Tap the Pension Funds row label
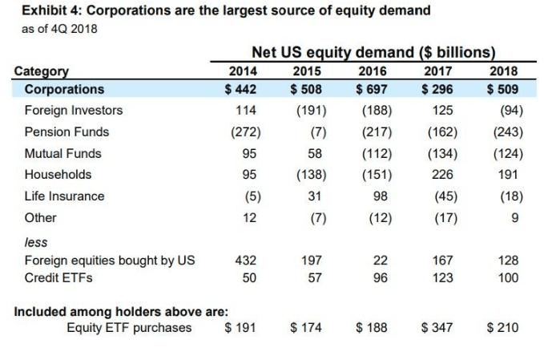pos(66,131)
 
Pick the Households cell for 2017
pos(442,175)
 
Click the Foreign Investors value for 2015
pos(308,111)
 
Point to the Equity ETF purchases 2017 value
pos(438,327)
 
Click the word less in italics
pos(36,241)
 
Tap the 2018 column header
pos(503,71)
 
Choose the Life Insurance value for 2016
pos(380,196)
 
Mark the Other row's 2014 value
pos(248,217)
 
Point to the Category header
pos(42,71)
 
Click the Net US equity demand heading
pos(372,53)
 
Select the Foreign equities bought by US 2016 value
pos(381,261)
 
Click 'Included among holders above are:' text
pos(121,310)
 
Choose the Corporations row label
pos(64,89)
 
